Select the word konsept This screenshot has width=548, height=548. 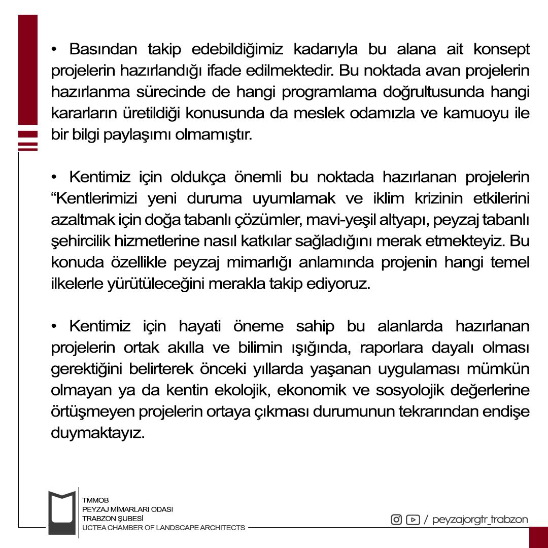pos(501,50)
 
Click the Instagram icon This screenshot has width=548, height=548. pos(396,520)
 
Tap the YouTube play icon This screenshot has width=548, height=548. pos(413,520)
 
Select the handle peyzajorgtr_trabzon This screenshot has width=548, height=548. pos(480,520)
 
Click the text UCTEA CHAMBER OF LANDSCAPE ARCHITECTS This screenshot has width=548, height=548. pos(163,528)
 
